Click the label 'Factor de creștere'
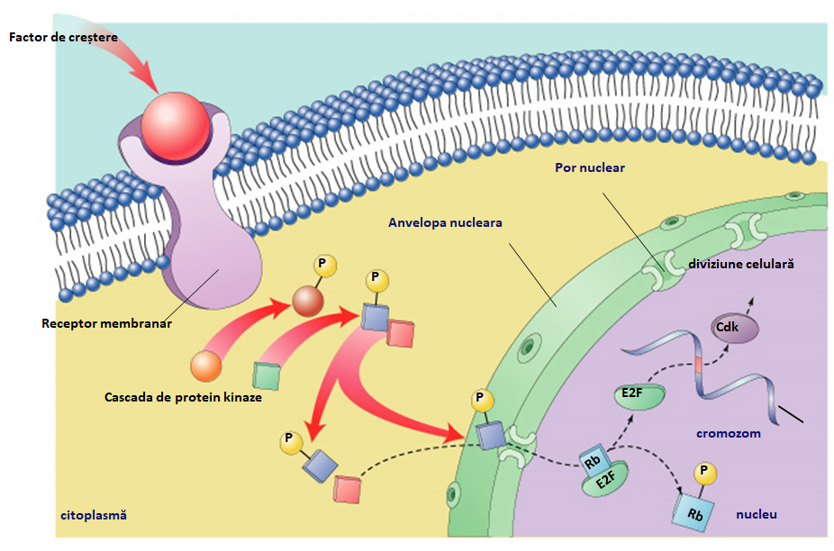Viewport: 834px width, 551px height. coord(63,37)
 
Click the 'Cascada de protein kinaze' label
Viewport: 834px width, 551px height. coord(183,397)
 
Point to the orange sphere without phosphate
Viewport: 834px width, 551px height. coord(205,366)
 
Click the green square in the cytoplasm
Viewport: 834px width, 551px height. coord(266,375)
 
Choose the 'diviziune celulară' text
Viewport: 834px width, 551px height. coord(740,265)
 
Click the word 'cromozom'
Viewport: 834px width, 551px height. coord(728,433)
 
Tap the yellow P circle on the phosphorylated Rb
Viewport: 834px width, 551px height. coord(703,473)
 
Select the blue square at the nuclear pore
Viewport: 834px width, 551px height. coord(491,436)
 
